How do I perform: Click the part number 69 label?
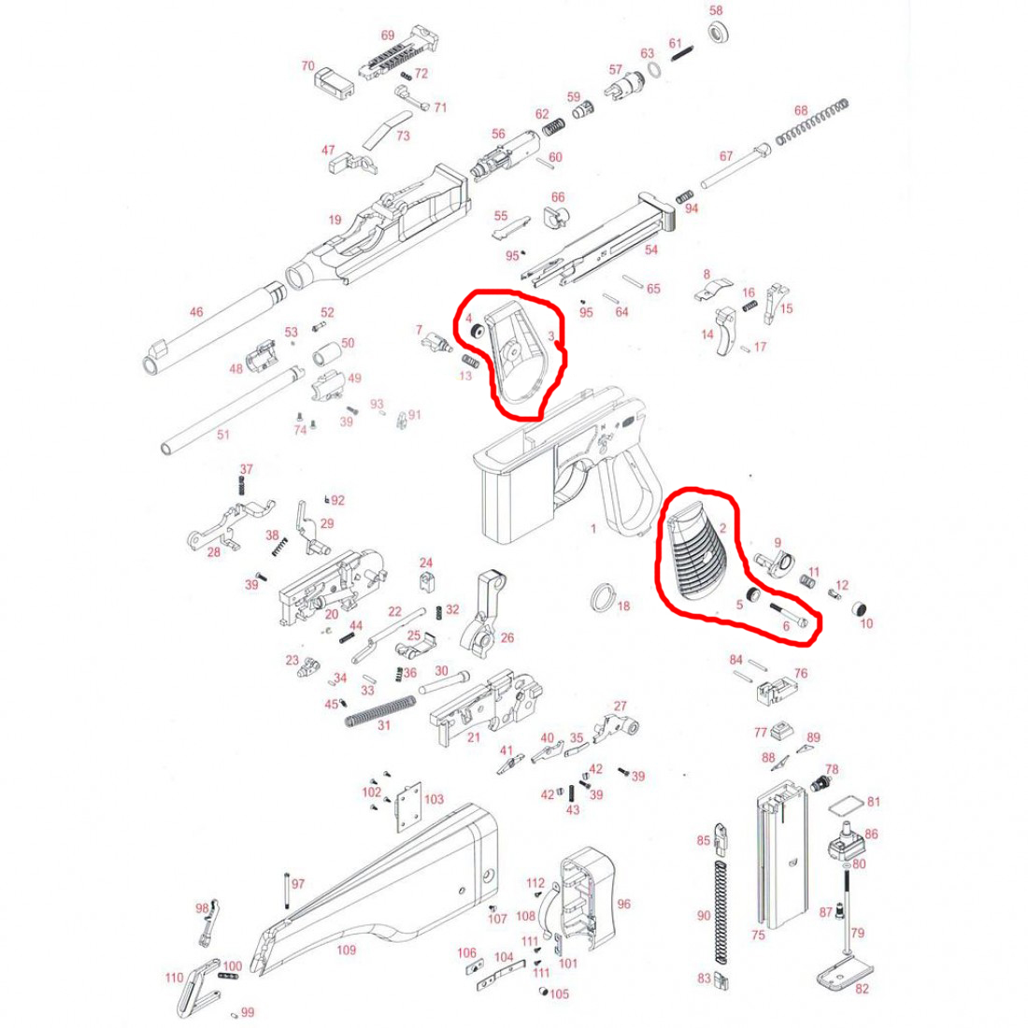click(x=388, y=36)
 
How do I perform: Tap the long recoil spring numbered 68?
click(x=811, y=121)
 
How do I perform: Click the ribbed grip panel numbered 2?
click(x=697, y=557)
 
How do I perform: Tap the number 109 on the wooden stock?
click(x=346, y=950)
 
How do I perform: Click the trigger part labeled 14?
click(x=726, y=331)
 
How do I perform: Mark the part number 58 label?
click(x=716, y=10)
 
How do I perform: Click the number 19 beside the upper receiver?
click(x=335, y=220)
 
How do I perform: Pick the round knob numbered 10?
click(x=860, y=607)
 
